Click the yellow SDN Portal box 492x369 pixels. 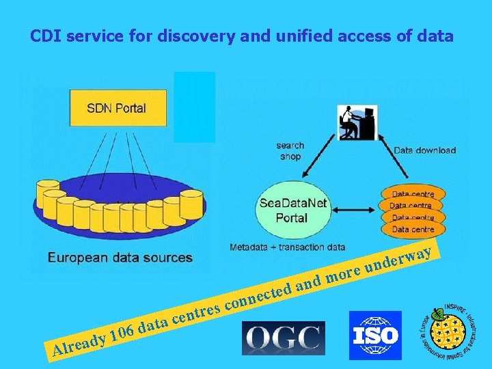(117, 107)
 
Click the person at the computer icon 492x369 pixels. (357, 123)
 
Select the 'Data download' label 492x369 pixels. (424, 150)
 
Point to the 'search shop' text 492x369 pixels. (290, 151)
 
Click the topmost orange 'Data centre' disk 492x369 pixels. (412, 194)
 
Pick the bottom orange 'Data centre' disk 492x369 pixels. (412, 229)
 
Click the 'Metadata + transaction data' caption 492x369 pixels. (287, 247)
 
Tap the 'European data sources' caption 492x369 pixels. (120, 258)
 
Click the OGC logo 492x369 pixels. (284, 338)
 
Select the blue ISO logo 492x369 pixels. (375, 335)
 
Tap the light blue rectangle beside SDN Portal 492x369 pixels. (194, 107)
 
